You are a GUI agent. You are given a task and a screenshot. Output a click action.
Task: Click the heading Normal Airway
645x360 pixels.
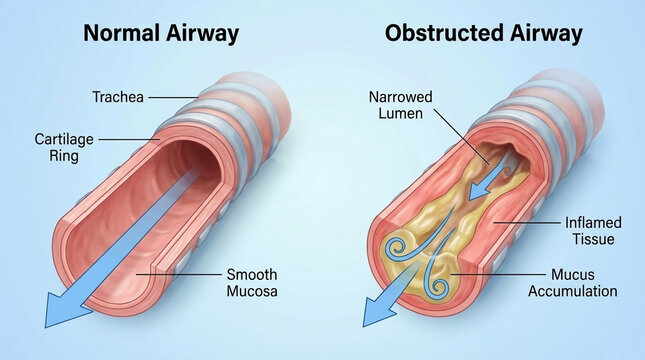161,33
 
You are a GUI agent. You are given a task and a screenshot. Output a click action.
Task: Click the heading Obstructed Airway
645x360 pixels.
483,33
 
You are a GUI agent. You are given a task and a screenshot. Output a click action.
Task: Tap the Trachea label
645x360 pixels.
118,97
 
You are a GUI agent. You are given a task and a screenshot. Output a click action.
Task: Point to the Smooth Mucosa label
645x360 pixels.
251,283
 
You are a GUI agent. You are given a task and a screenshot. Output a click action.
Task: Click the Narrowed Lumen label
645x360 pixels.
400,107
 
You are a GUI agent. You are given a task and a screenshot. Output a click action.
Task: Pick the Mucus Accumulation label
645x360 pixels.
584,283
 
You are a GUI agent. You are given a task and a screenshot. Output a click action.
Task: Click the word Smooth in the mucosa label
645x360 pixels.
251,274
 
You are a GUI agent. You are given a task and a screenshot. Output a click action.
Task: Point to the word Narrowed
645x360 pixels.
401,98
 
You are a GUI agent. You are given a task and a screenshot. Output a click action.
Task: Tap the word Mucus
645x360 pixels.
571,274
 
